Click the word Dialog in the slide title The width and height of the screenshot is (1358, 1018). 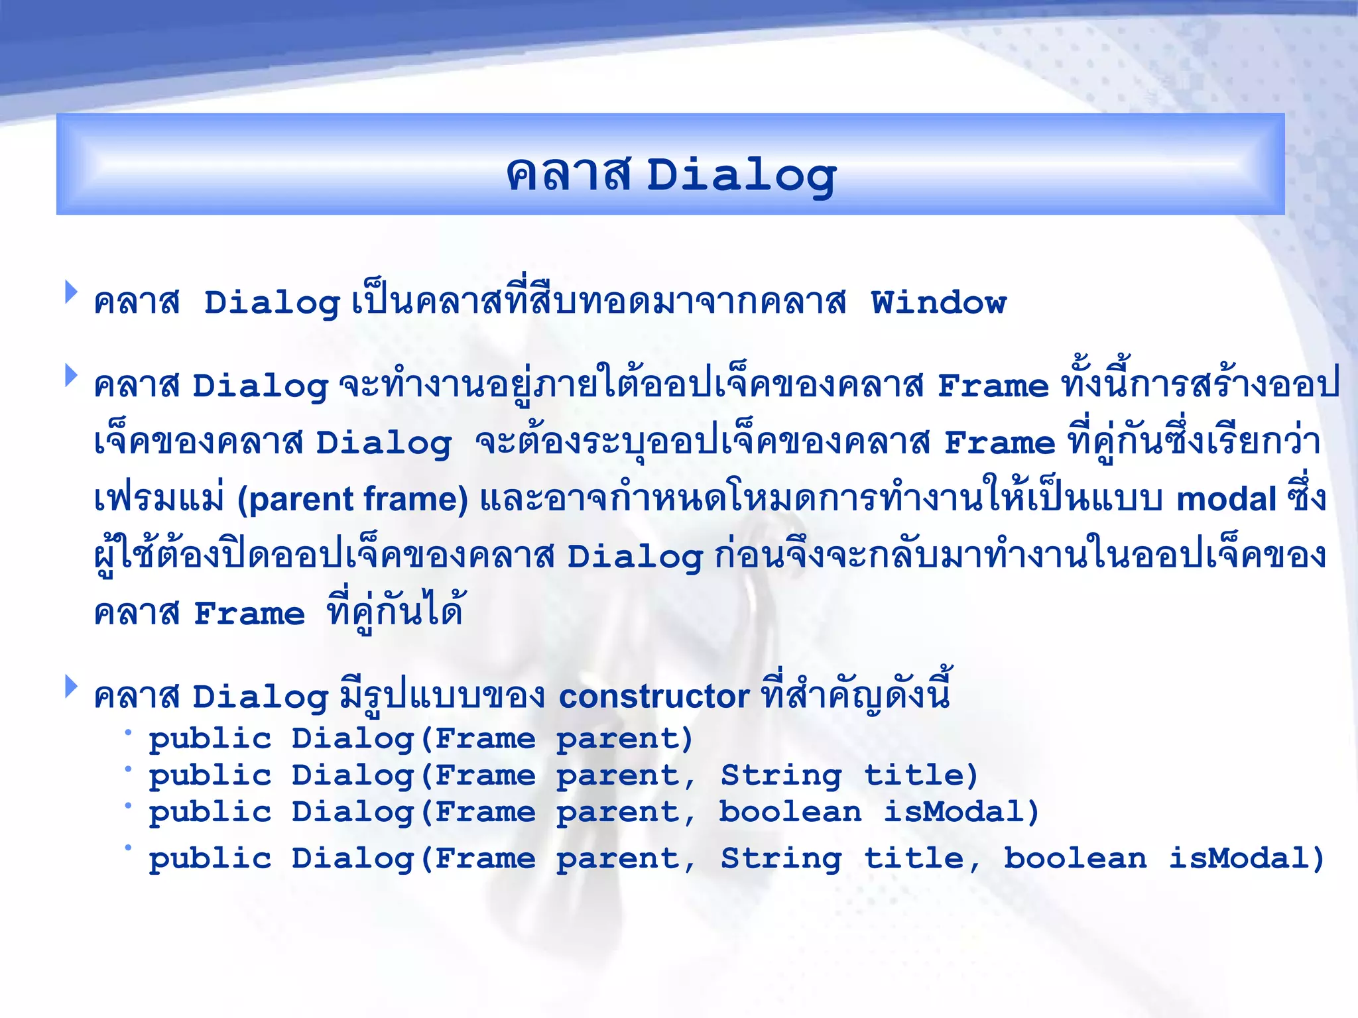(741, 176)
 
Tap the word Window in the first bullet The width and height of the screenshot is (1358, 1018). (938, 303)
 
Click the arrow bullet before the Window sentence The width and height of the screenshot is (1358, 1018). (71, 292)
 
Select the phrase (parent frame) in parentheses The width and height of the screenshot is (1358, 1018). (353, 499)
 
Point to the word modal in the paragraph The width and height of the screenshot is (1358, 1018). (1226, 499)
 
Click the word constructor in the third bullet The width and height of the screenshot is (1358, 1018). (654, 697)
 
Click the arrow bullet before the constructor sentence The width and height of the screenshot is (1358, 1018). (71, 686)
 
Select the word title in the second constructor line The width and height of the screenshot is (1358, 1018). (920, 775)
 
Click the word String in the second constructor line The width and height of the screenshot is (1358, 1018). (781, 775)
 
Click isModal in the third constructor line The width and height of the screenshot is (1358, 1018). (960, 812)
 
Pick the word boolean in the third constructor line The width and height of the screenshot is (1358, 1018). (790, 812)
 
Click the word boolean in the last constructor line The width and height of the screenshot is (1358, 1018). (1075, 858)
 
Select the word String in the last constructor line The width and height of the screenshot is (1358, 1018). (781, 860)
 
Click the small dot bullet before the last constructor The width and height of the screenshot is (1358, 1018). (128, 848)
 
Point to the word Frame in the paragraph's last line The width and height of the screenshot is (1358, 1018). (249, 614)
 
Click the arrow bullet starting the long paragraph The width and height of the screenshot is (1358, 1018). (71, 375)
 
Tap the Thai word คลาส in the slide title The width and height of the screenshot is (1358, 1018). (568, 176)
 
